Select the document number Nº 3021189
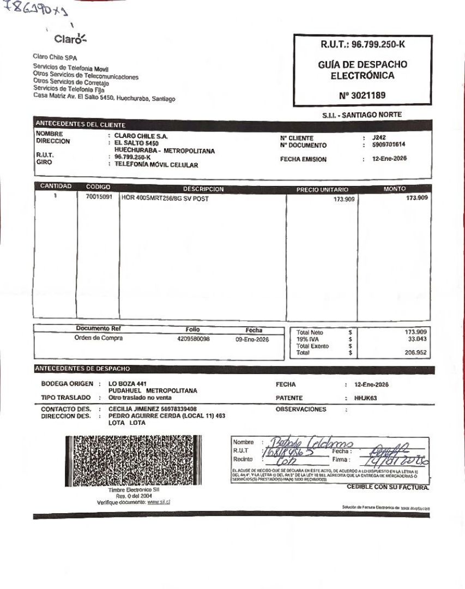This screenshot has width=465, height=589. (x=362, y=95)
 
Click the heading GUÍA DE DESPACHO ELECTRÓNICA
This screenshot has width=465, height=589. (x=362, y=70)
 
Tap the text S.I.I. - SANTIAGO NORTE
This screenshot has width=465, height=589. (x=362, y=115)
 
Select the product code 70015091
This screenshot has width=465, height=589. (x=99, y=199)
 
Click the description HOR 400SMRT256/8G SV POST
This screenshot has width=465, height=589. (x=165, y=199)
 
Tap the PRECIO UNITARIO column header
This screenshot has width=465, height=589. (x=322, y=189)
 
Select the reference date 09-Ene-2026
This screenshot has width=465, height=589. (x=252, y=339)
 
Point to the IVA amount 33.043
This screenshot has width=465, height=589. (x=416, y=339)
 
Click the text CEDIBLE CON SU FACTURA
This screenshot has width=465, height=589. (x=388, y=487)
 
